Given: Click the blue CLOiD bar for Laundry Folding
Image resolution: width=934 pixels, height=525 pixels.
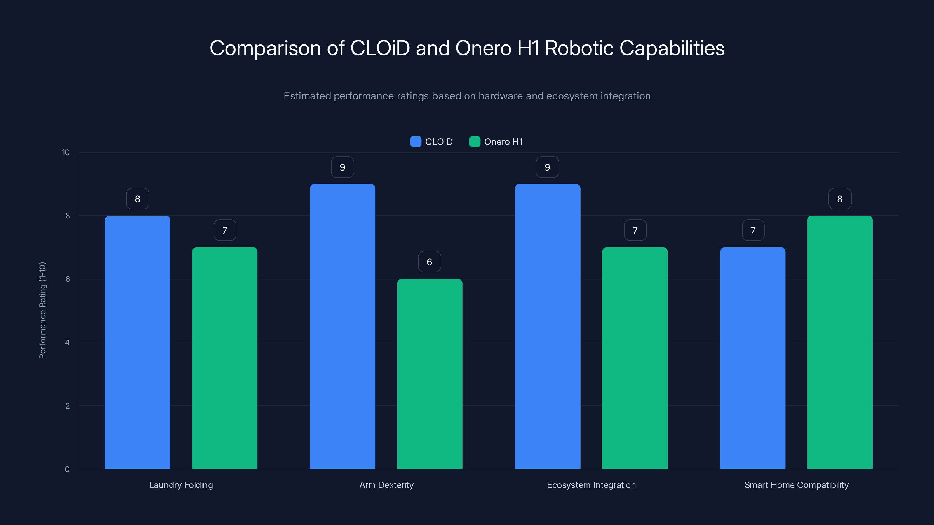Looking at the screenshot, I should [137, 342].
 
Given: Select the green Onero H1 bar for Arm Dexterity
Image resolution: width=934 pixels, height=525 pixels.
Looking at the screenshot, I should [430, 374].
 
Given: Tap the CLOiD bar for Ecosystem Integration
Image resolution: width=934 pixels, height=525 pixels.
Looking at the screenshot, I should [548, 326].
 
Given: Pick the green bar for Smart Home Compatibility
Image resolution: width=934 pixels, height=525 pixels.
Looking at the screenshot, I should [840, 342].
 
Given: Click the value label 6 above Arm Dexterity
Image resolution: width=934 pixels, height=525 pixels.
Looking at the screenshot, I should [429, 262].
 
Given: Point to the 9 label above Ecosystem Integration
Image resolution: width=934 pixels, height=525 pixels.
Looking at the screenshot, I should [548, 167].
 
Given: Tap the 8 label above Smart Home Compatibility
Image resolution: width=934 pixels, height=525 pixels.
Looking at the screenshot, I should [840, 199].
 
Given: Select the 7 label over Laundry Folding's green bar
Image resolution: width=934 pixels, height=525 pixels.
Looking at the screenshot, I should [225, 230].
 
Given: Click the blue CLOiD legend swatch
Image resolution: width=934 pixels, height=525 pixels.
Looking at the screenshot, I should [416, 142].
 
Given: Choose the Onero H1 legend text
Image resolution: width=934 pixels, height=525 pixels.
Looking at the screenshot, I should [503, 142].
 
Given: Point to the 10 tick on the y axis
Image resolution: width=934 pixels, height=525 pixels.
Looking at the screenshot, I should [66, 152].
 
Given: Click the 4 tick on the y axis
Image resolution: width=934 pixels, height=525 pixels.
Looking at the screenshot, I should [67, 342].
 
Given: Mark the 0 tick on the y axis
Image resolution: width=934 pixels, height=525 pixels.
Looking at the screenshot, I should [67, 469].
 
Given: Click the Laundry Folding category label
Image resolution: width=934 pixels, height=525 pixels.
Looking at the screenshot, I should [181, 485].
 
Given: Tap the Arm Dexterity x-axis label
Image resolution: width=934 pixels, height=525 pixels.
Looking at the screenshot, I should [386, 485].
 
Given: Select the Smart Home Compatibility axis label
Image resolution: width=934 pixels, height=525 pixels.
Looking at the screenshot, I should [796, 485].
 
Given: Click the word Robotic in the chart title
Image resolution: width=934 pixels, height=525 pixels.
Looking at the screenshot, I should [579, 48].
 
